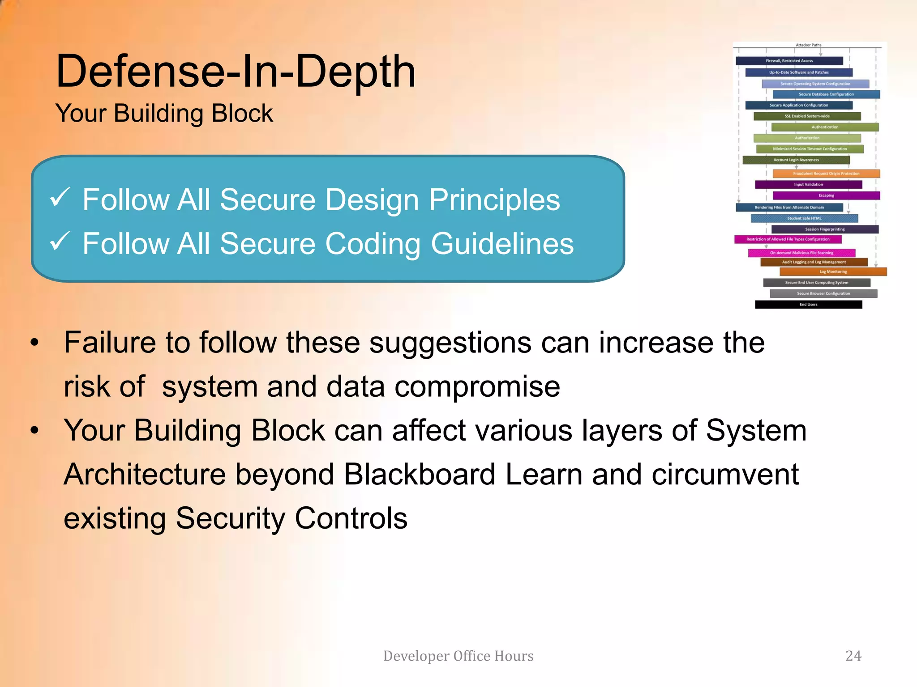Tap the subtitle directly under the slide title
click(x=164, y=113)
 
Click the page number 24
click(x=853, y=656)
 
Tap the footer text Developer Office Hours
click(x=458, y=656)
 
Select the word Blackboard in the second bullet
click(x=419, y=474)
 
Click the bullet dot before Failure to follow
click(x=35, y=343)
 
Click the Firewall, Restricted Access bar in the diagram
click(x=789, y=61)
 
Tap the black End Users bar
click(x=808, y=305)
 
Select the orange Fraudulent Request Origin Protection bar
click(x=826, y=174)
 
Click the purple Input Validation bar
click(x=808, y=184)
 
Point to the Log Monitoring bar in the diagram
click(x=833, y=271)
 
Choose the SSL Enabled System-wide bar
click(x=807, y=116)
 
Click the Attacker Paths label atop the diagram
click(x=808, y=45)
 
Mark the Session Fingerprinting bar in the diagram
click(x=825, y=229)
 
